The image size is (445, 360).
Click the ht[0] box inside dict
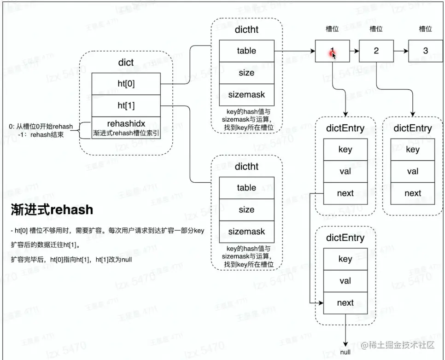125,84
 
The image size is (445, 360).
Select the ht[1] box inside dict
125,105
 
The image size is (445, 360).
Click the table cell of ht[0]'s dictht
246,51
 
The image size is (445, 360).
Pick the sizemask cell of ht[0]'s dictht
246,95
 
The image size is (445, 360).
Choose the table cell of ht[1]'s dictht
246,188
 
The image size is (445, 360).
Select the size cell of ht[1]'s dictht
246,210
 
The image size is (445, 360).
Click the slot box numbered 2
376,51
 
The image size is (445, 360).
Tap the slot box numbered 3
425,51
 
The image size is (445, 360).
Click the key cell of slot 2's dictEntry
413,149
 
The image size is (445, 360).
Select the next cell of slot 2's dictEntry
413,193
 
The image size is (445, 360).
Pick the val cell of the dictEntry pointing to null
345,281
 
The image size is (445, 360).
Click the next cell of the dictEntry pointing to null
345,303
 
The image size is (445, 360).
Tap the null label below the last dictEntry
345,352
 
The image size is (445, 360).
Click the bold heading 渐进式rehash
52,210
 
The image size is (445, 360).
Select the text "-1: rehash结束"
43,135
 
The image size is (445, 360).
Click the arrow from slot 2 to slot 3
400,51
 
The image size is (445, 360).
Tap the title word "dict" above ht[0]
125,63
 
